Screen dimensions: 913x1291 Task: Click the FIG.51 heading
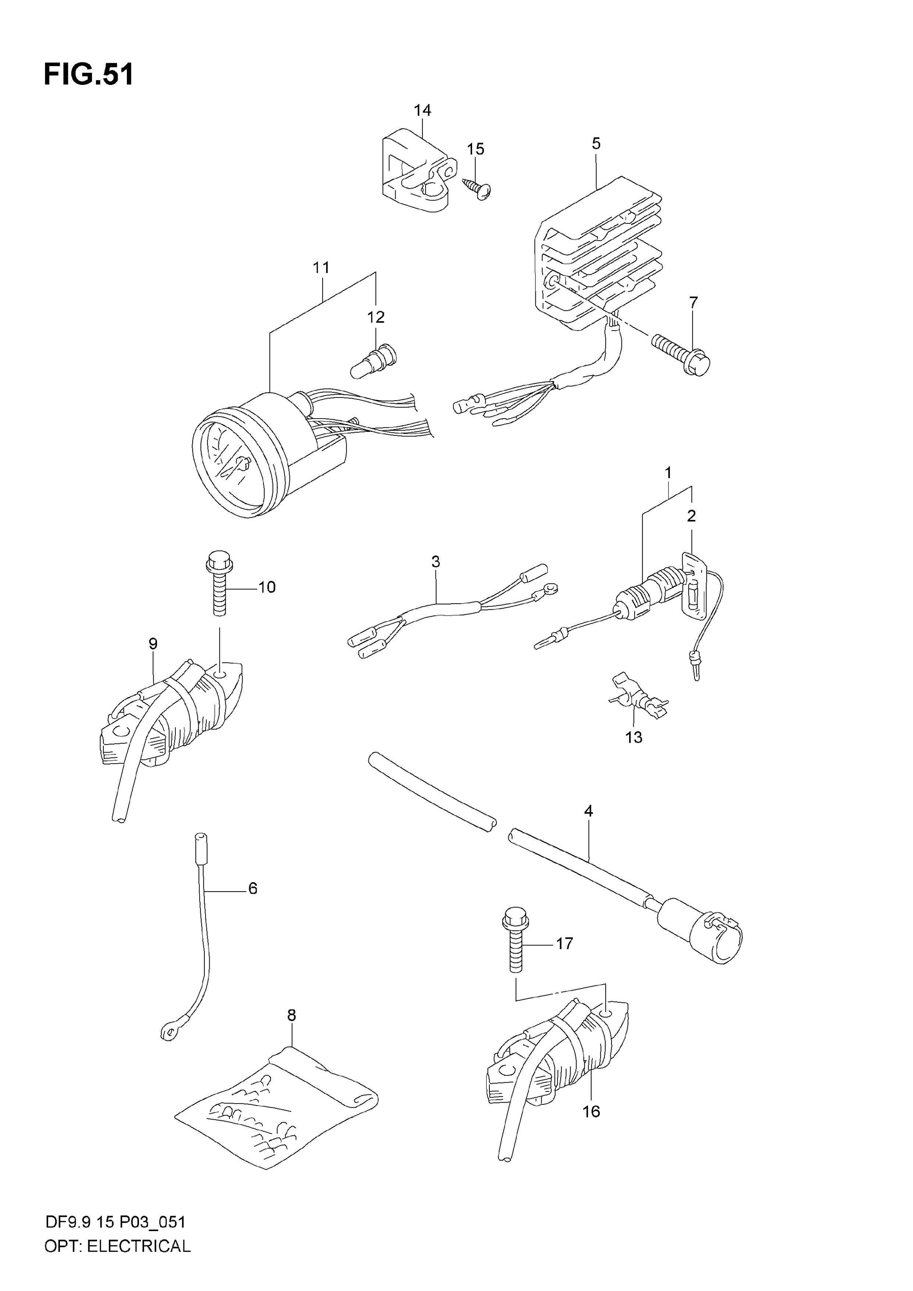click(x=89, y=75)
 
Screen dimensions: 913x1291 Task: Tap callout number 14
click(x=422, y=110)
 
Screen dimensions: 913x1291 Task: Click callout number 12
click(x=376, y=317)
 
